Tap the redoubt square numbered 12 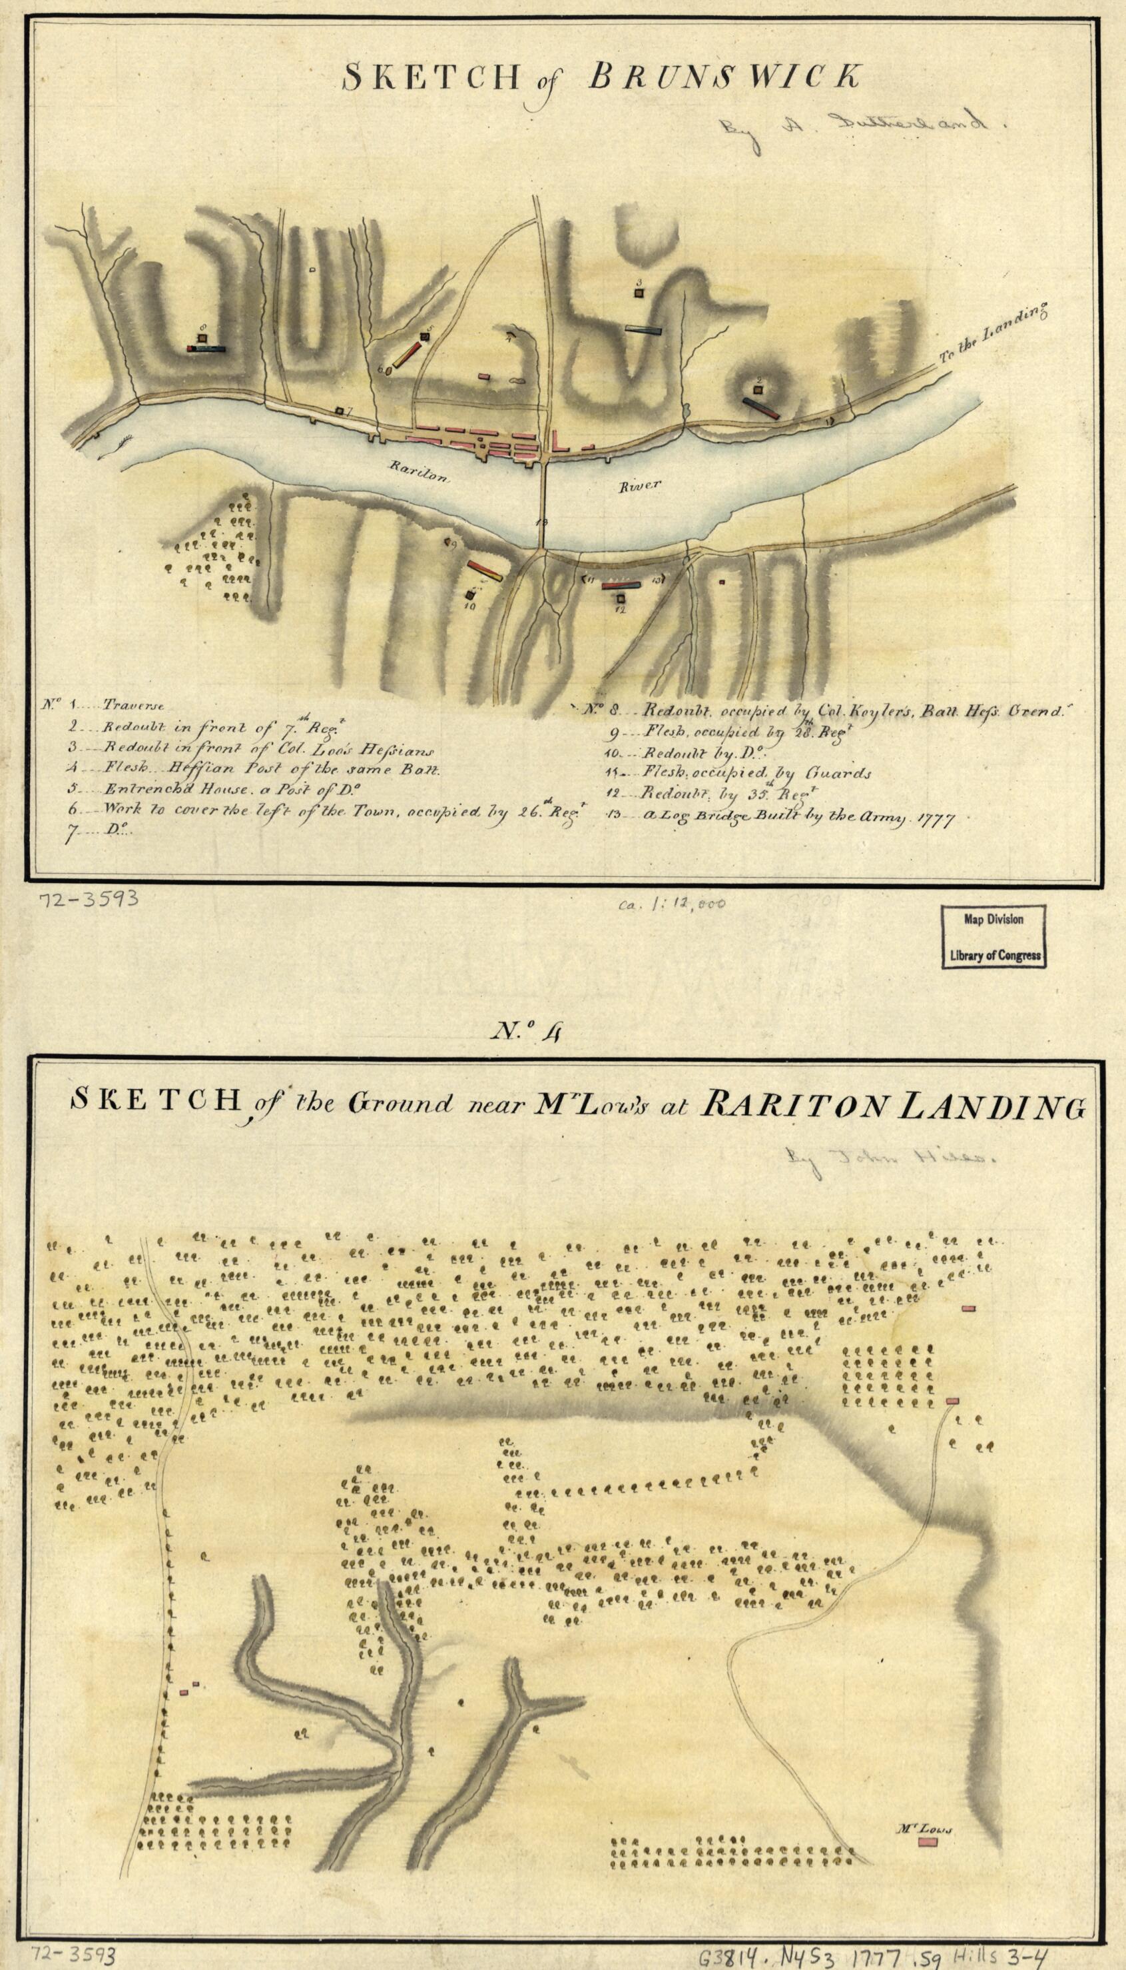(x=620, y=598)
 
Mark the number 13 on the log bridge (x=541, y=522)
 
